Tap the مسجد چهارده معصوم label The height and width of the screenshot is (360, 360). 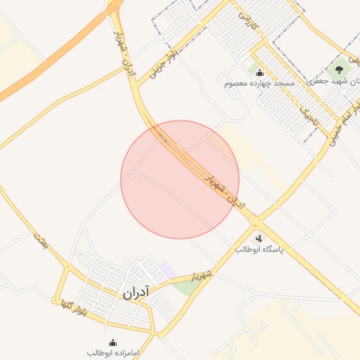pyautogui.click(x=259, y=84)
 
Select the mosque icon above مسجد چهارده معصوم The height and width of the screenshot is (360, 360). pyautogui.click(x=259, y=72)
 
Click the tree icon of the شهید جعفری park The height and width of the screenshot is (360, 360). pyautogui.click(x=340, y=70)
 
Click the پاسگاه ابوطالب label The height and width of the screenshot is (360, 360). pyautogui.click(x=258, y=250)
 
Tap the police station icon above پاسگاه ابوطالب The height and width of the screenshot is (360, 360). pyautogui.click(x=259, y=239)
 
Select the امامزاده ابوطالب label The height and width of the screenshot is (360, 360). pyautogui.click(x=113, y=352)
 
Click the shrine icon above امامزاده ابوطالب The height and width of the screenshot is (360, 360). pyautogui.click(x=113, y=342)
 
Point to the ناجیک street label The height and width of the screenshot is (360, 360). pyautogui.click(x=309, y=117)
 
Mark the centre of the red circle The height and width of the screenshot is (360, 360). pyautogui.click(x=180, y=179)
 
